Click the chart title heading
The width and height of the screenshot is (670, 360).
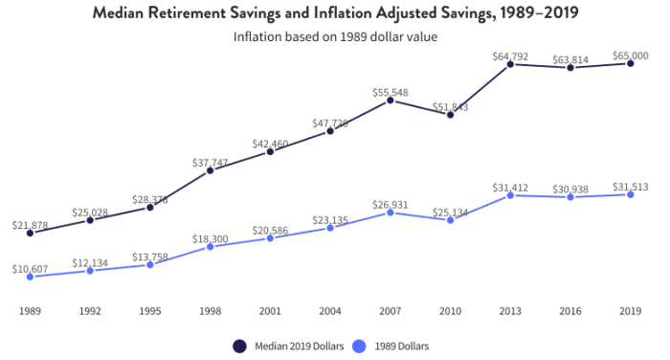(334, 13)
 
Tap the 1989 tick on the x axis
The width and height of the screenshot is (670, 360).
(30, 310)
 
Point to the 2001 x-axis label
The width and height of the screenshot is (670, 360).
(270, 310)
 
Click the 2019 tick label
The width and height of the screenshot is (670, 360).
(630, 310)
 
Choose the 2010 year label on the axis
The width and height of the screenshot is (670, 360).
(450, 310)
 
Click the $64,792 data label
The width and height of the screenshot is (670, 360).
(510, 55)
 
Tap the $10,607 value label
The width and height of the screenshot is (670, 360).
(30, 268)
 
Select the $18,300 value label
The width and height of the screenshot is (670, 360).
(210, 238)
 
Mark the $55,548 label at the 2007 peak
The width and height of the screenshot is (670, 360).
(391, 92)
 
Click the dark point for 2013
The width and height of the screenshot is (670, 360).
(510, 63)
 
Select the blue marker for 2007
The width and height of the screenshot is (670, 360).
(391, 213)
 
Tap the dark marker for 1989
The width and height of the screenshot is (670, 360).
(30, 233)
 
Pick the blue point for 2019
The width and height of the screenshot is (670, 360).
(630, 194)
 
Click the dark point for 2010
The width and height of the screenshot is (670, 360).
(450, 114)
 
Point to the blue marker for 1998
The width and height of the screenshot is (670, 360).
(210, 247)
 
